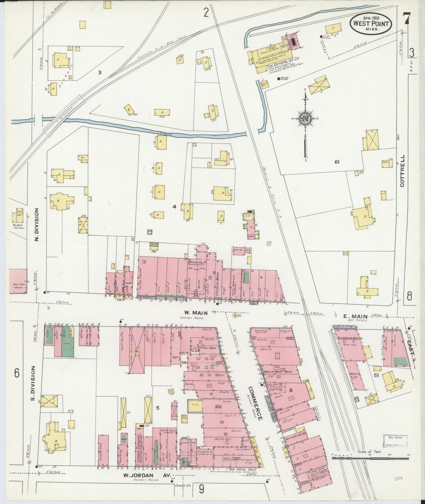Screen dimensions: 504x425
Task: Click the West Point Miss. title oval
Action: coord(371,24)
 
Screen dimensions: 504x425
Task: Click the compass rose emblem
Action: coord(305,119)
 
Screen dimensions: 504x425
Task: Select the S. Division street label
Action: coord(33,383)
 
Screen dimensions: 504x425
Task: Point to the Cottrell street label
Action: coord(402,171)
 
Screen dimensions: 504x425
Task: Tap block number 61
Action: coord(337,161)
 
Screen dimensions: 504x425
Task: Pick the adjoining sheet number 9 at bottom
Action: coord(201,488)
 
